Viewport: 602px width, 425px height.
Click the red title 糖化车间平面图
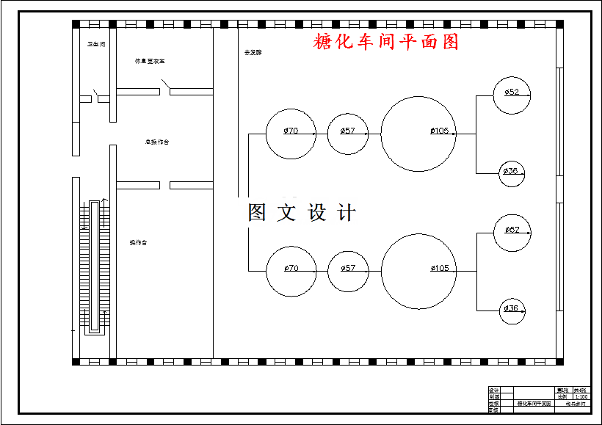coord(386,42)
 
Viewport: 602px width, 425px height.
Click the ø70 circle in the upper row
coord(291,134)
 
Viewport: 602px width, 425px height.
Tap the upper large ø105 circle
coord(419,134)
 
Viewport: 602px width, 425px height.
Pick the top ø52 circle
coord(512,95)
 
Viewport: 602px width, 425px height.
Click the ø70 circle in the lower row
coord(291,271)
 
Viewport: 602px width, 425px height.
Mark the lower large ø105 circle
coord(419,271)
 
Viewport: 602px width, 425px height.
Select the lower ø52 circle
coord(512,232)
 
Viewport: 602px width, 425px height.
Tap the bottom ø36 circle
coord(512,310)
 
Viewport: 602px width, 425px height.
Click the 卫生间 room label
coord(96,45)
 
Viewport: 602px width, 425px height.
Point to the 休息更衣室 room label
coord(149,62)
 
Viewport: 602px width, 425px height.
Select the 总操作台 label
coord(157,142)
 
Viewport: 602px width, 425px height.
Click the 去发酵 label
coord(253,53)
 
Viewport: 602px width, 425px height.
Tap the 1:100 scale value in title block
coord(581,396)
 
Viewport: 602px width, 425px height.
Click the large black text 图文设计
coord(302,213)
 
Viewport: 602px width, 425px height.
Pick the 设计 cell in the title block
coord(493,391)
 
